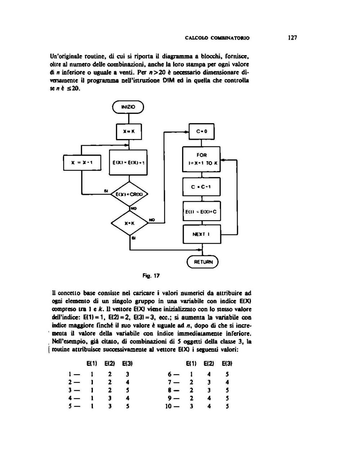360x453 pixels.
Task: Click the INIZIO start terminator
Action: (128, 107)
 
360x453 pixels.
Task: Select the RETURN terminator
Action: (203, 262)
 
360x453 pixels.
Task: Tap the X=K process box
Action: (129, 131)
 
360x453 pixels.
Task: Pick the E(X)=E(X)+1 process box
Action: (128, 162)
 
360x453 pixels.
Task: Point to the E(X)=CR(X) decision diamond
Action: (129, 194)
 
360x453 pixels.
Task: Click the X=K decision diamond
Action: (129, 223)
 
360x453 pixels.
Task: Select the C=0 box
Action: (202, 131)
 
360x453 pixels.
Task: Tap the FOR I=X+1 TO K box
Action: (202, 158)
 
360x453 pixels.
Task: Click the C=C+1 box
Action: (202, 187)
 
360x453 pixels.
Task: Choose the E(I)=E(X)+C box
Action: (202, 212)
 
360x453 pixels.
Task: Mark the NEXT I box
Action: (202, 234)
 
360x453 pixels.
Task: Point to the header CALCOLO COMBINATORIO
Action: (217, 38)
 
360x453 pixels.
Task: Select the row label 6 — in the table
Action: (172, 374)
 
